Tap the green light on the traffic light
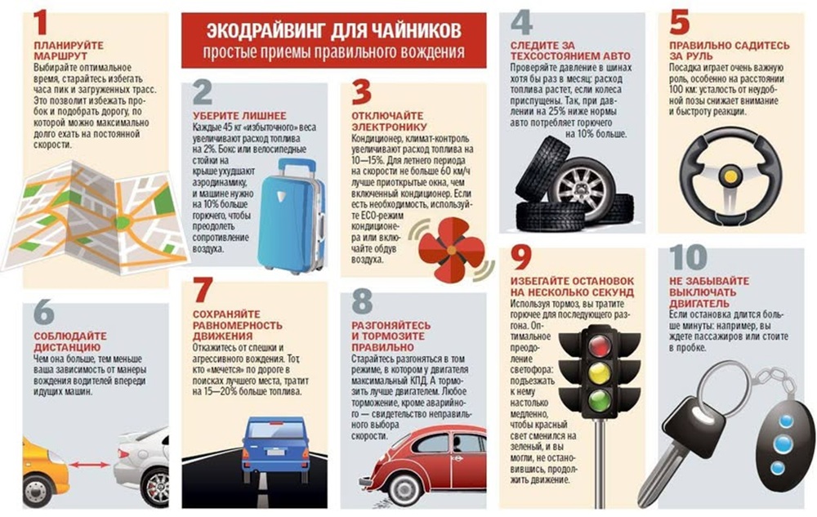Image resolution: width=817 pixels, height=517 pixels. point(600,399)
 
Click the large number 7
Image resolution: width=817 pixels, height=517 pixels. point(202,292)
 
